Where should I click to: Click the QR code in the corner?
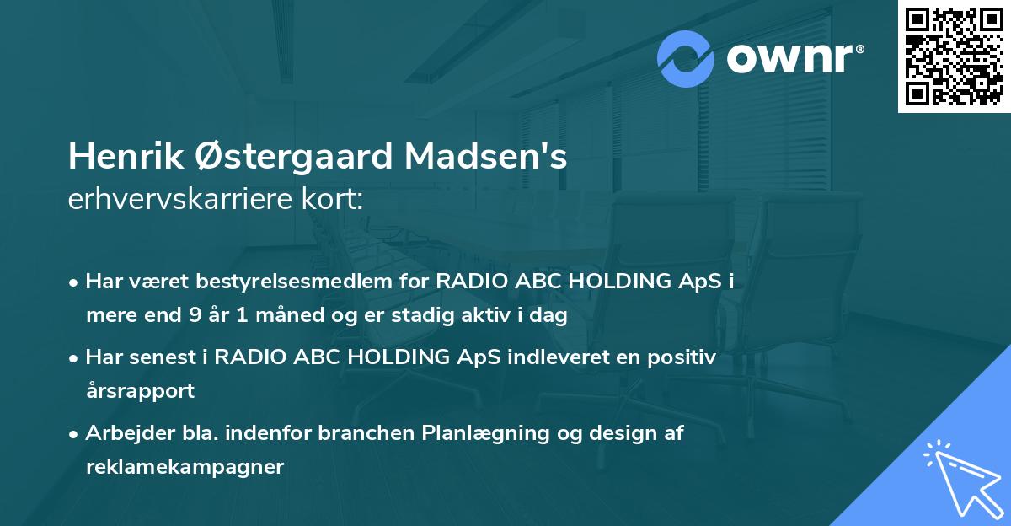955,56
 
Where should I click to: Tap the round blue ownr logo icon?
686,60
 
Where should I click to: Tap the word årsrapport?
140,391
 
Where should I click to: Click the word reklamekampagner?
185,467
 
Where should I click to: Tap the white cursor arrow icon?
960,477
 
